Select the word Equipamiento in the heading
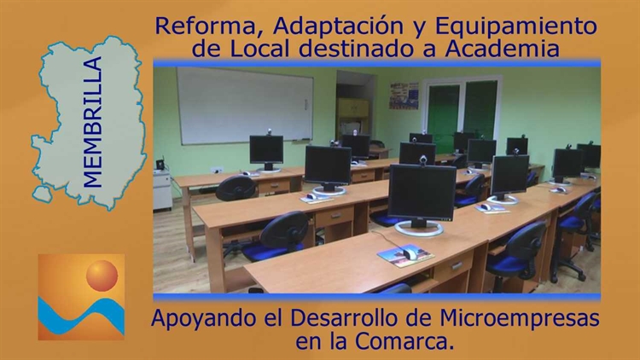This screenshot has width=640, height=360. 516,27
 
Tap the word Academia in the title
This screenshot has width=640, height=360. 503,49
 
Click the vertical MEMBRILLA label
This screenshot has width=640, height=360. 92,122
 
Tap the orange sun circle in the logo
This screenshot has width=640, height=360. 102,276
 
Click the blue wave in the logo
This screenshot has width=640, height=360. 81,316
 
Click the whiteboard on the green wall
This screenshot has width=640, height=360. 245,105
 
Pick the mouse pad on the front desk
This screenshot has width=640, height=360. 405,256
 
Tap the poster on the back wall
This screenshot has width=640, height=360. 404,96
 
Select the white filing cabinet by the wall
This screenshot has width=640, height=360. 162,189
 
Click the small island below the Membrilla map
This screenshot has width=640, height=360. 43,194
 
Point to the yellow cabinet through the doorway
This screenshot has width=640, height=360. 353,108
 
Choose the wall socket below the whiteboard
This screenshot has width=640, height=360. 217,170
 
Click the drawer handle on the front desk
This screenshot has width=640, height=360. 457,265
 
